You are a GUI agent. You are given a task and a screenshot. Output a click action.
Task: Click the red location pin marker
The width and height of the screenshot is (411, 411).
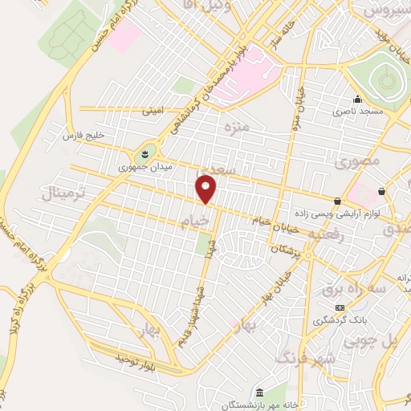207,190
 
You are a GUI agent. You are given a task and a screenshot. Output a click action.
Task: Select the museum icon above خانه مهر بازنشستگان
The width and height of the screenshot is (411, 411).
258,393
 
